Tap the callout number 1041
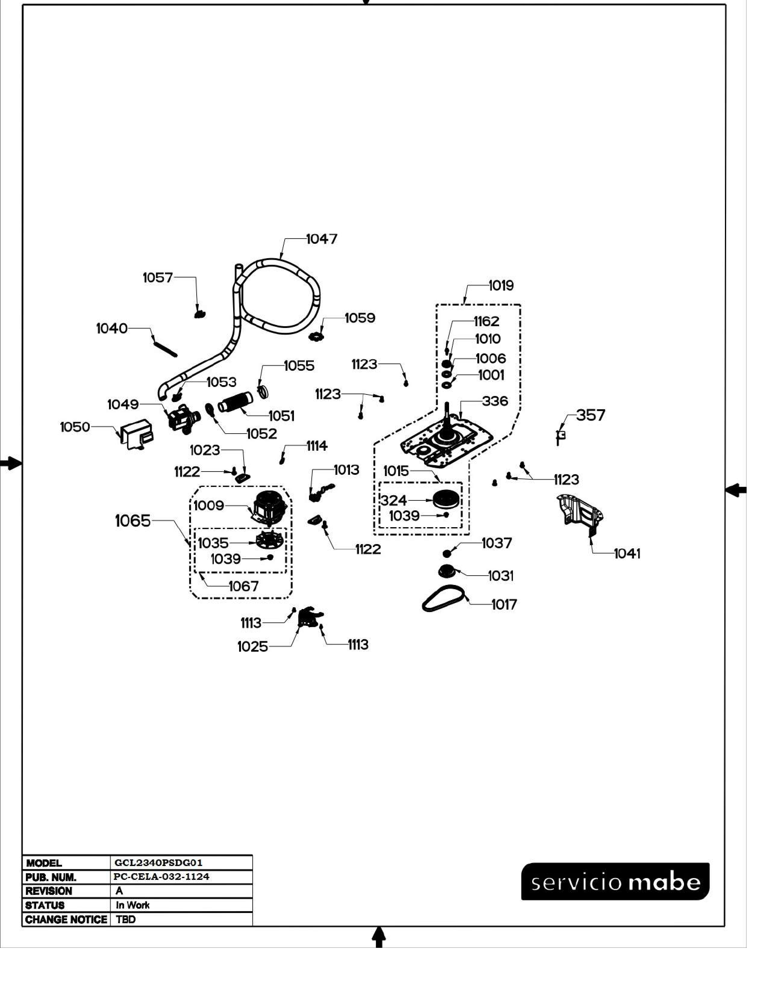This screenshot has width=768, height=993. (627, 553)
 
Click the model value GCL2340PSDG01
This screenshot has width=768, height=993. (158, 862)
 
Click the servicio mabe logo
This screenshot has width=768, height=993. (615, 882)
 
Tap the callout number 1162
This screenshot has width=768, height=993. (486, 321)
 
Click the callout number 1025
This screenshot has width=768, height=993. (252, 647)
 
